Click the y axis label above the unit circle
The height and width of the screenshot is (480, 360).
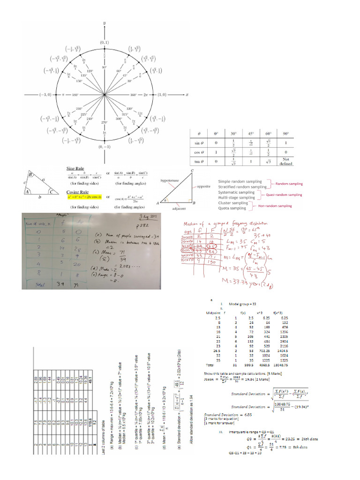(x=104, y=22)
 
